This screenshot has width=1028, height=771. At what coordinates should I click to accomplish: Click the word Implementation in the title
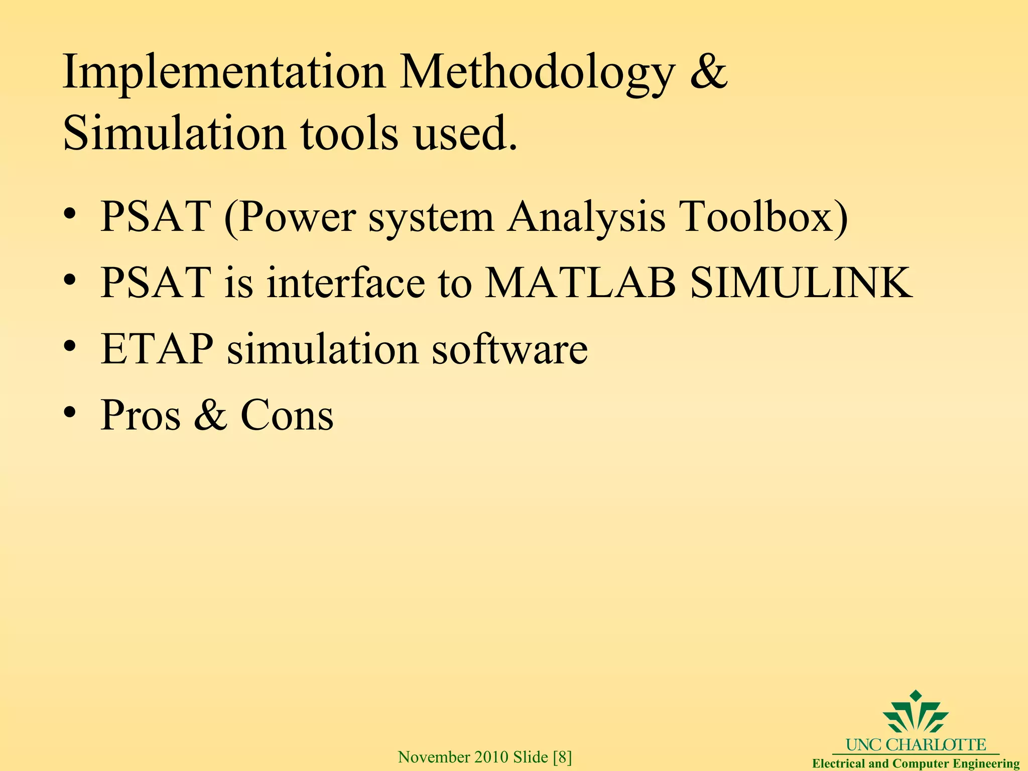(x=224, y=73)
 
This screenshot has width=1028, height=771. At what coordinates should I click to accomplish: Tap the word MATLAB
(x=580, y=283)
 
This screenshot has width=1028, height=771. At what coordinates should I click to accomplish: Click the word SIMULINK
(x=801, y=283)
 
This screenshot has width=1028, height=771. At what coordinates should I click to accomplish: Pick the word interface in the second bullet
(x=346, y=283)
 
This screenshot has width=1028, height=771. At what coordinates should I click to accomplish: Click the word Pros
(x=141, y=415)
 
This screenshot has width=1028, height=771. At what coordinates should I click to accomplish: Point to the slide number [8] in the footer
(x=562, y=757)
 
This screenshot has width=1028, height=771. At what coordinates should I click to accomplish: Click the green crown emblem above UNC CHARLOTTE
(x=916, y=718)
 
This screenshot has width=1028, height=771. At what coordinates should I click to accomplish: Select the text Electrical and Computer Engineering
(x=916, y=763)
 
